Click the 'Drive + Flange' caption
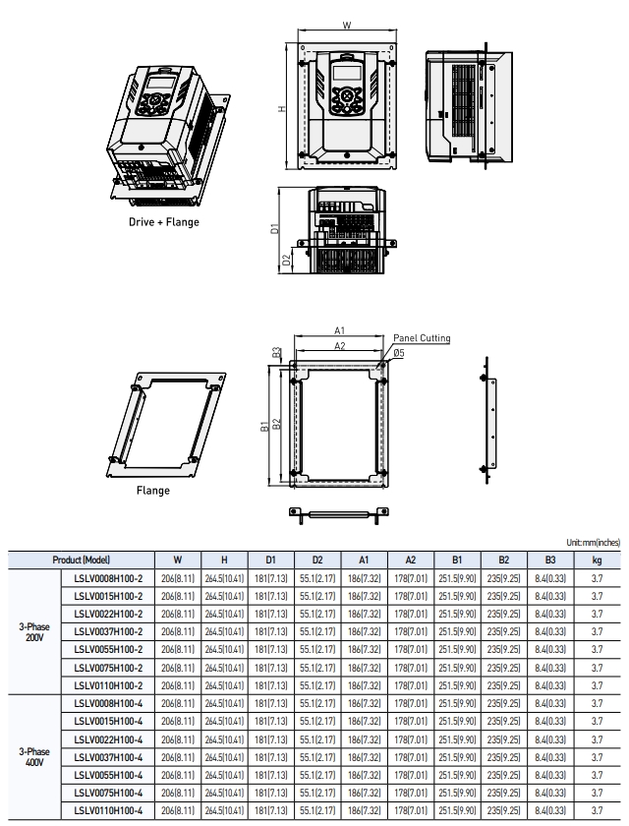164,222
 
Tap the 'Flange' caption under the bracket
152,491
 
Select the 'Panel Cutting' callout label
422,338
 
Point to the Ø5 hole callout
399,352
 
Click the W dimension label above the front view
347,26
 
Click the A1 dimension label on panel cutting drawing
339,330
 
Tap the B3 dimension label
278,351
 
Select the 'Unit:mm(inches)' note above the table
594,542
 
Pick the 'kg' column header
598,560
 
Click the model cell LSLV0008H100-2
108,578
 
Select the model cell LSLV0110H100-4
108,808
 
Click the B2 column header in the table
503,560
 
